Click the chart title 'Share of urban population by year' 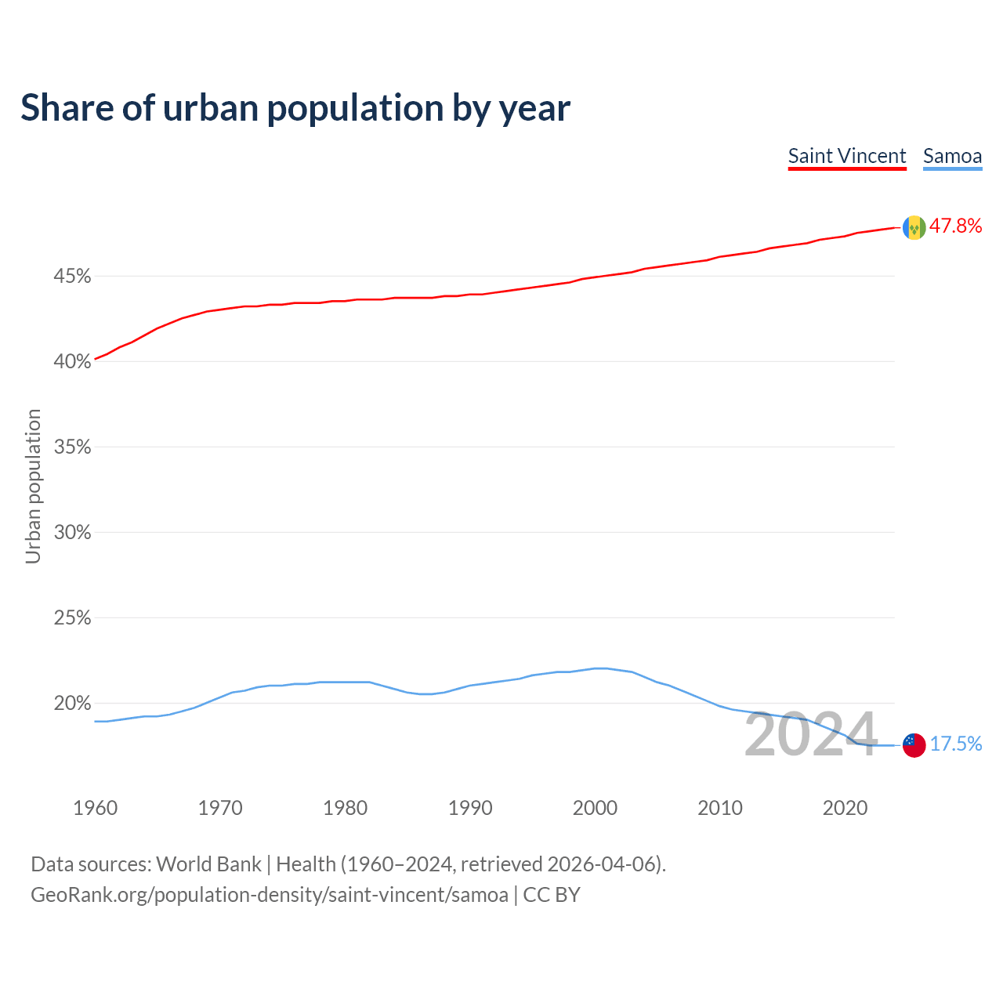pos(295,108)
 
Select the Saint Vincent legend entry pos(847,156)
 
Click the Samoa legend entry pos(952,156)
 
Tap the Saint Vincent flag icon pos(914,227)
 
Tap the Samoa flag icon pos(914,744)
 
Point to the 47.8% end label pos(955,226)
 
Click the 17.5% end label pos(956,744)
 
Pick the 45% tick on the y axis pos(72,277)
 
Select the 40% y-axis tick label pos(72,362)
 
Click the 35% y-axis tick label pos(72,447)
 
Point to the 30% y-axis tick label pos(72,533)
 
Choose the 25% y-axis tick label pos(72,618)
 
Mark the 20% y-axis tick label pos(72,704)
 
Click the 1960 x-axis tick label pos(95,808)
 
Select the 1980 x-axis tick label pos(346,808)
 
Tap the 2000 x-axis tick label pos(595,808)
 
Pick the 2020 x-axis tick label pos(845,808)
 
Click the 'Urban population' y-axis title pos(33,486)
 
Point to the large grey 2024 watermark pos(810,735)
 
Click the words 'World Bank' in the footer pos(208,864)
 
